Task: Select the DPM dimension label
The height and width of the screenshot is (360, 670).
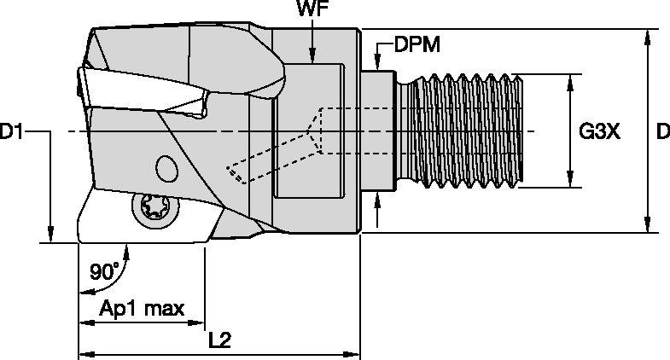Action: pyautogui.click(x=417, y=44)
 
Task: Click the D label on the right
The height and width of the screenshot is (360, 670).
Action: pyautogui.click(x=661, y=132)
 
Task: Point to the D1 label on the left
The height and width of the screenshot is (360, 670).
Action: pyautogui.click(x=15, y=132)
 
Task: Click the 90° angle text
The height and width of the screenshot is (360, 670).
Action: pyautogui.click(x=103, y=273)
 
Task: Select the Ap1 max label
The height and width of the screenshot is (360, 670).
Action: pyautogui.click(x=141, y=309)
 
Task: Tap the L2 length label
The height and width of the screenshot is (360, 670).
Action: pyautogui.click(x=221, y=340)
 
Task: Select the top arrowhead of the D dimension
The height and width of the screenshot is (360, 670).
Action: pyautogui.click(x=649, y=36)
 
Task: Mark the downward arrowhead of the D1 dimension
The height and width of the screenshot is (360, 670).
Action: pyautogui.click(x=51, y=235)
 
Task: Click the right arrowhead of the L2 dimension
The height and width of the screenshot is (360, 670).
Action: pyautogui.click(x=353, y=353)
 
